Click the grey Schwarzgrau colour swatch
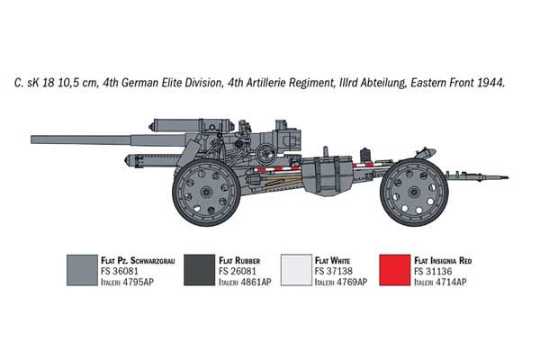[x=82, y=270]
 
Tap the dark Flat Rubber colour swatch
[x=200, y=270]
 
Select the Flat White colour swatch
[x=296, y=270]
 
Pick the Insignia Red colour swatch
[x=395, y=270]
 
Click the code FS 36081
[x=120, y=271]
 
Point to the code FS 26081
[x=238, y=271]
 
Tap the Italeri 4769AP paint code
[x=341, y=282]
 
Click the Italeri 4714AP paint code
[x=440, y=282]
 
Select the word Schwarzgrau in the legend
[x=153, y=260]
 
